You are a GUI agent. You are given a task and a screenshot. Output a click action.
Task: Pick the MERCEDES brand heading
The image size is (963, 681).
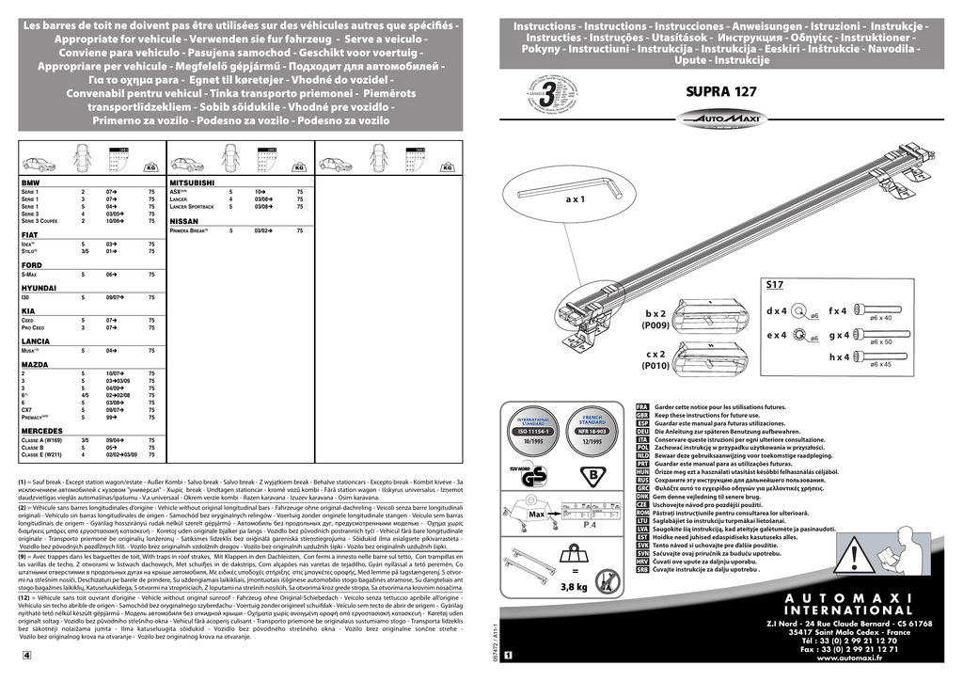41,430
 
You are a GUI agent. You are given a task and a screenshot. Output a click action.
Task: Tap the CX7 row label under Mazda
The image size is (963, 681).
27,410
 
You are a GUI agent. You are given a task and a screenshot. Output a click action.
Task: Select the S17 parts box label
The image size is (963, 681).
774,283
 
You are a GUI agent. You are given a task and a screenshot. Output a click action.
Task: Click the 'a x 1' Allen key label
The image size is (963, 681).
575,199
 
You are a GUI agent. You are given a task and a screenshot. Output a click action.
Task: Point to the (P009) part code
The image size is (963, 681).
655,325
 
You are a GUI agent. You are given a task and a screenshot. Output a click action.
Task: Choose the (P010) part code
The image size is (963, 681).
655,366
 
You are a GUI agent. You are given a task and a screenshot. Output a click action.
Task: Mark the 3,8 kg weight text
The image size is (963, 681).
574,587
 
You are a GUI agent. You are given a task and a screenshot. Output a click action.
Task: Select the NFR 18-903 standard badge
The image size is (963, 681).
592,431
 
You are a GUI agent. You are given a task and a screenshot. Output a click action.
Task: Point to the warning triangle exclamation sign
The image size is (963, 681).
854,560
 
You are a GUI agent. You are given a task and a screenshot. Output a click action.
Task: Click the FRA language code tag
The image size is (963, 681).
643,406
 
